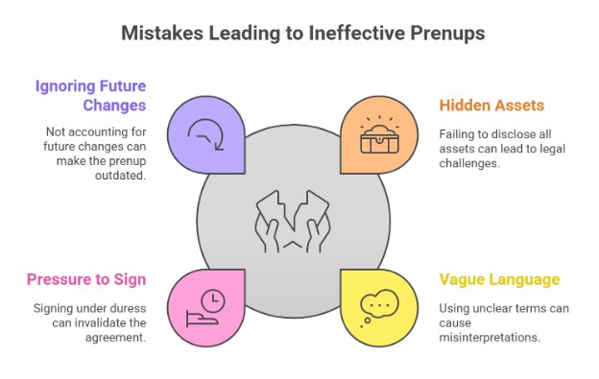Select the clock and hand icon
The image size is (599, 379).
(210, 305)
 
